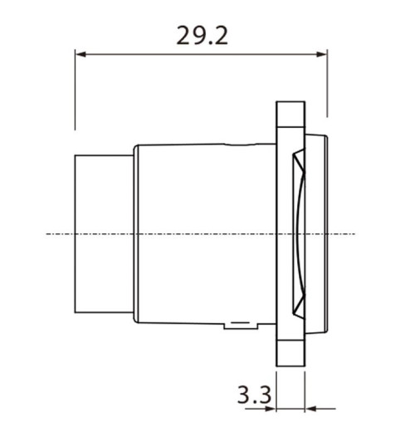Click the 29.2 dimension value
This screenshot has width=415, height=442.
(202, 36)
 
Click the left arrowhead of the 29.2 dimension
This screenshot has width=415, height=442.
(81, 56)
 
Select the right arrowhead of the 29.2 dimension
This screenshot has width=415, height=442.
(323, 56)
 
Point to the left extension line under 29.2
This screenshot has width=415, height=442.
(76, 91)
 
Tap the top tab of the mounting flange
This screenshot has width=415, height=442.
(290, 116)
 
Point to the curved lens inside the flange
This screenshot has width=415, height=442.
(302, 233)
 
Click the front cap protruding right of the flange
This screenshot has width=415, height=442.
(319, 233)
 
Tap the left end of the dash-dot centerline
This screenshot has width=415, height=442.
(47, 234)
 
